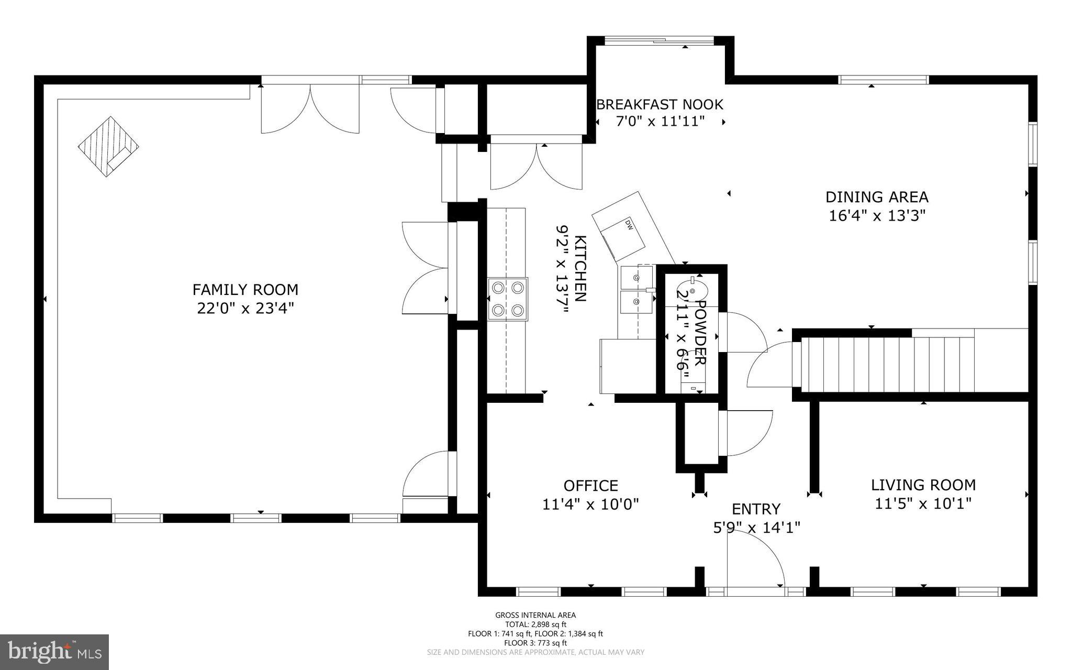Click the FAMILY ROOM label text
click(245, 290)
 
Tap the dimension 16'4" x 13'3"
click(877, 216)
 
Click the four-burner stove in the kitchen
click(508, 299)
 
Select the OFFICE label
click(590, 486)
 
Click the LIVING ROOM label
click(923, 485)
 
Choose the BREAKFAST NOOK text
click(660, 105)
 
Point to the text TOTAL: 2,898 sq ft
click(535, 624)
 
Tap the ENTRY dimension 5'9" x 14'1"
click(756, 528)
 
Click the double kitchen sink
click(636, 290)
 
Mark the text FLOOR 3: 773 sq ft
click(535, 643)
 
